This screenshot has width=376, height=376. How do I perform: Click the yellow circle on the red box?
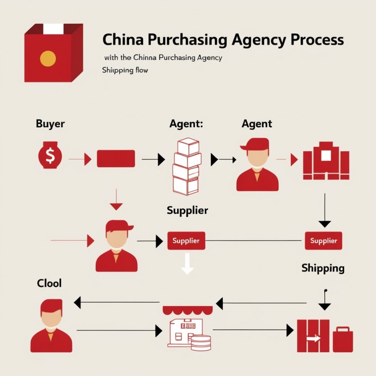48,59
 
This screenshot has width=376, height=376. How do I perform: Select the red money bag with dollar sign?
50,156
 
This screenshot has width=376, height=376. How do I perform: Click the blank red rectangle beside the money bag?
116,159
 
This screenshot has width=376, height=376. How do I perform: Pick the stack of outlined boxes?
186,166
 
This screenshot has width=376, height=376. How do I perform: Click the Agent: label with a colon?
186,123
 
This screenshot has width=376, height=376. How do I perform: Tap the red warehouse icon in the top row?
326,160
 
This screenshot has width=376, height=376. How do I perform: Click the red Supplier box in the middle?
186,241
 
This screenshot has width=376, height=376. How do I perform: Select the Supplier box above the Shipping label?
323,241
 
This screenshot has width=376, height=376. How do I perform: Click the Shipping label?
323,268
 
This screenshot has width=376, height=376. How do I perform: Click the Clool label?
50,284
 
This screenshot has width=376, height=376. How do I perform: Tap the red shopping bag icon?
343,339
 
